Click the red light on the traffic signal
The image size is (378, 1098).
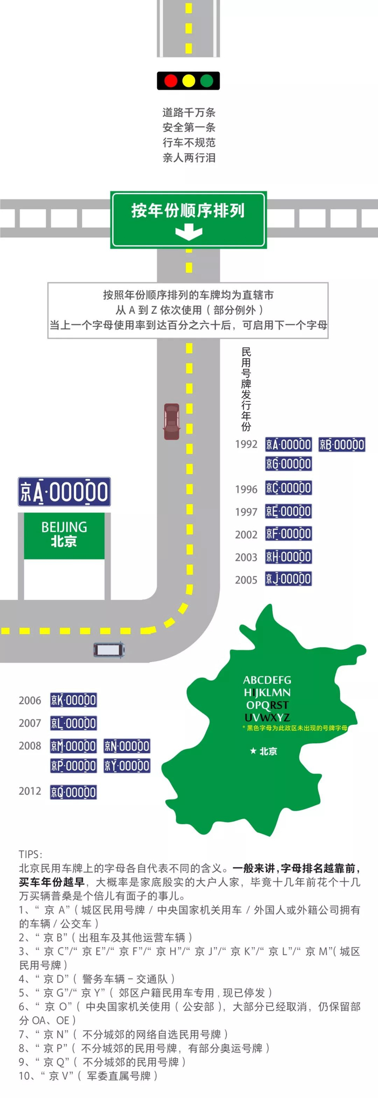pyautogui.click(x=171, y=81)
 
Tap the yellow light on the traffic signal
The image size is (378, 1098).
pyautogui.click(x=188, y=81)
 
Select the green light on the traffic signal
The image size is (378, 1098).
pyautogui.click(x=207, y=81)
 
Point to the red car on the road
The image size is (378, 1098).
pyautogui.click(x=171, y=421)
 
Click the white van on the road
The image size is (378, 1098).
pyautogui.click(x=109, y=649)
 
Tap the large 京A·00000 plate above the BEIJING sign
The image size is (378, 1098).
pyautogui.click(x=64, y=492)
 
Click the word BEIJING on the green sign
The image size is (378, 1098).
pyautogui.click(x=64, y=527)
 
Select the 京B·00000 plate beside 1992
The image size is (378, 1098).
pyautogui.click(x=342, y=444)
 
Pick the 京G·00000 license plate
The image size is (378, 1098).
pyautogui.click(x=288, y=464)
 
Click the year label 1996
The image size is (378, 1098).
pyautogui.click(x=246, y=490)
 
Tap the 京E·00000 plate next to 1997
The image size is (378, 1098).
pyautogui.click(x=288, y=511)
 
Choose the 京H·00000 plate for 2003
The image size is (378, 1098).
pyautogui.click(x=288, y=557)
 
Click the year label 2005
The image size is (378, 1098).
pyautogui.click(x=246, y=580)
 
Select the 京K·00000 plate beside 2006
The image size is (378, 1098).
pyautogui.click(x=73, y=701)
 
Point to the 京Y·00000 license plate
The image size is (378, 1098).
pyautogui.click(x=127, y=766)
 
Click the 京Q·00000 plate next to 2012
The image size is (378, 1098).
pyautogui.click(x=73, y=792)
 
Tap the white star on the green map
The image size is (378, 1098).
pyautogui.click(x=253, y=751)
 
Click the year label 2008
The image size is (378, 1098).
pyautogui.click(x=30, y=746)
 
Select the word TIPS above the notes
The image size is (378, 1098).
pyautogui.click(x=30, y=854)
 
